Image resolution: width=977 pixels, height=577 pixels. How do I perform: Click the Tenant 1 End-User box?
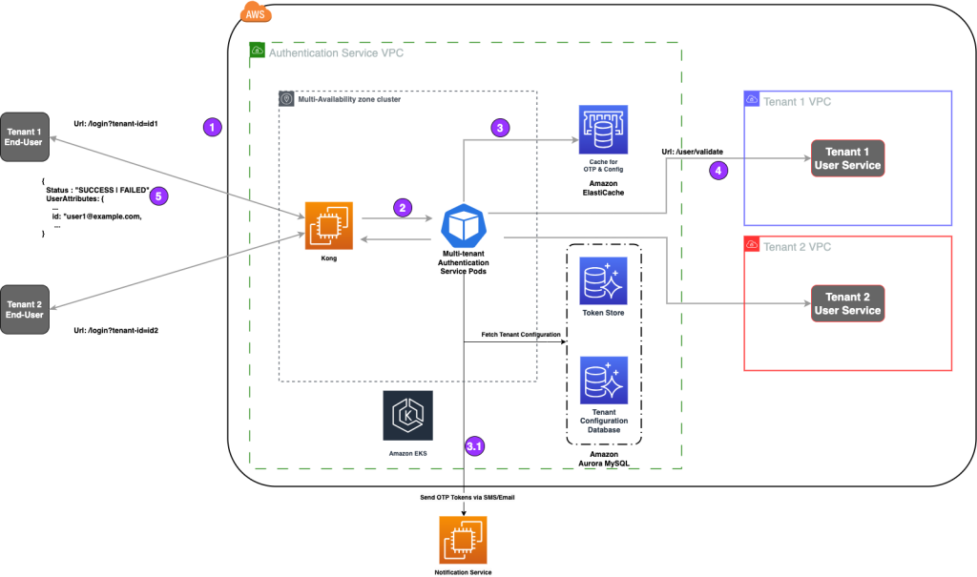coord(25,137)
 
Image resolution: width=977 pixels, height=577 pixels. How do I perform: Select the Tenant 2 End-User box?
coord(25,310)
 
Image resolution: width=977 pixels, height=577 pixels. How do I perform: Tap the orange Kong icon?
coord(329,226)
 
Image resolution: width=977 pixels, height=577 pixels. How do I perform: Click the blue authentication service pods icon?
coord(464,226)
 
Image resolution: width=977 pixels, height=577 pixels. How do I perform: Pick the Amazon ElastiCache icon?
coord(603,130)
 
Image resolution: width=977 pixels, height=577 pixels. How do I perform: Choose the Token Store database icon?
coord(603,281)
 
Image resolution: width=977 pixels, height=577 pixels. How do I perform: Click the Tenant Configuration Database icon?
coord(604,381)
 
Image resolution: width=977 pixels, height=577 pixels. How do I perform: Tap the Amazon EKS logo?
coord(408,416)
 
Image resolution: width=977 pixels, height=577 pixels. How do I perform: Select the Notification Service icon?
coord(463,540)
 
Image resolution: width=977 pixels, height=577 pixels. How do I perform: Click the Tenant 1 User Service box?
coord(847,158)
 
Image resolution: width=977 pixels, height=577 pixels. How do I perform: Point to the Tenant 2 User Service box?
coord(847,303)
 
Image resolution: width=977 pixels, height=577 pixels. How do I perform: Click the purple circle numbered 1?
coord(213,127)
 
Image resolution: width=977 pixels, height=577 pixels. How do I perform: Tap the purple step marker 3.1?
coord(475,446)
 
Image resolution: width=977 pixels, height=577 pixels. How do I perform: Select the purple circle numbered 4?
coord(718,170)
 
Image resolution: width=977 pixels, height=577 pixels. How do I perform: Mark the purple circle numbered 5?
coord(158,196)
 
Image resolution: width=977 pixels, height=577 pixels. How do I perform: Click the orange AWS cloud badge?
coord(256,13)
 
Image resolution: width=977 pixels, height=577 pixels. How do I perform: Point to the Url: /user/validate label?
coord(693,152)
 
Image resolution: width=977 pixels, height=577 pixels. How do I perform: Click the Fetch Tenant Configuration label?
coord(521,335)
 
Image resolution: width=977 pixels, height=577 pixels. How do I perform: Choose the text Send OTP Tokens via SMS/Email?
coord(468,497)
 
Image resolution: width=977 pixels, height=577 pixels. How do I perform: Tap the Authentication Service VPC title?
coord(336,53)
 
